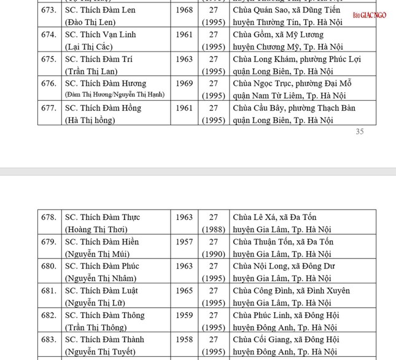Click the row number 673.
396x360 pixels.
pyautogui.click(x=49, y=10)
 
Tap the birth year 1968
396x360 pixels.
pyautogui.click(x=184, y=10)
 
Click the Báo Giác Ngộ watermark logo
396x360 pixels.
pyautogui.click(x=369, y=15)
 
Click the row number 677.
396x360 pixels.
pyautogui.click(x=49, y=108)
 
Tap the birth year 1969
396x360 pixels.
pyautogui.click(x=184, y=84)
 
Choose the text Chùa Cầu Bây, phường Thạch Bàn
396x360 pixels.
pyautogui.click(x=294, y=108)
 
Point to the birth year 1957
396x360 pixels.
pyautogui.click(x=184, y=241)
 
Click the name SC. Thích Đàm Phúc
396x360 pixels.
pyautogui.click(x=102, y=266)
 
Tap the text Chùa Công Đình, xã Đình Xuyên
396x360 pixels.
pyautogui.click(x=291, y=291)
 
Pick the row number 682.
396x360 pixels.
pyautogui.click(x=49, y=315)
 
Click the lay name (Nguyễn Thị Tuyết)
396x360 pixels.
pyautogui.click(x=100, y=351)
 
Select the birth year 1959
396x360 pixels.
pyautogui.click(x=184, y=315)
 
